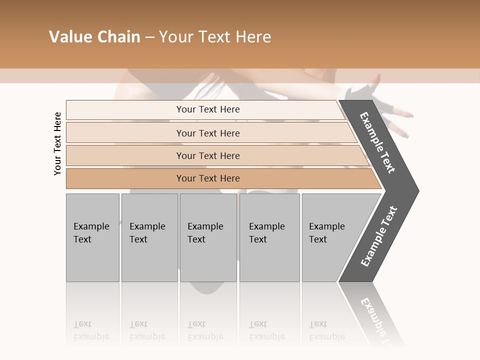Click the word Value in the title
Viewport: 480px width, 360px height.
[70, 37]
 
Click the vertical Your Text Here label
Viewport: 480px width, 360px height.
[57, 143]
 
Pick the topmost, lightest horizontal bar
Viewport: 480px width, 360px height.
[205, 109]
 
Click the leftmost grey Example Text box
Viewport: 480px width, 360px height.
[92, 237]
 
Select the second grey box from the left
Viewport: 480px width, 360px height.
[149, 237]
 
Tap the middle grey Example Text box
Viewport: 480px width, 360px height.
[208, 237]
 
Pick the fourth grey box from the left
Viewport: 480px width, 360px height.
[269, 237]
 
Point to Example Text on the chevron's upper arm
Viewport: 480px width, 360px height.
[377, 142]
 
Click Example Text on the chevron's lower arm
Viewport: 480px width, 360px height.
[378, 236]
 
